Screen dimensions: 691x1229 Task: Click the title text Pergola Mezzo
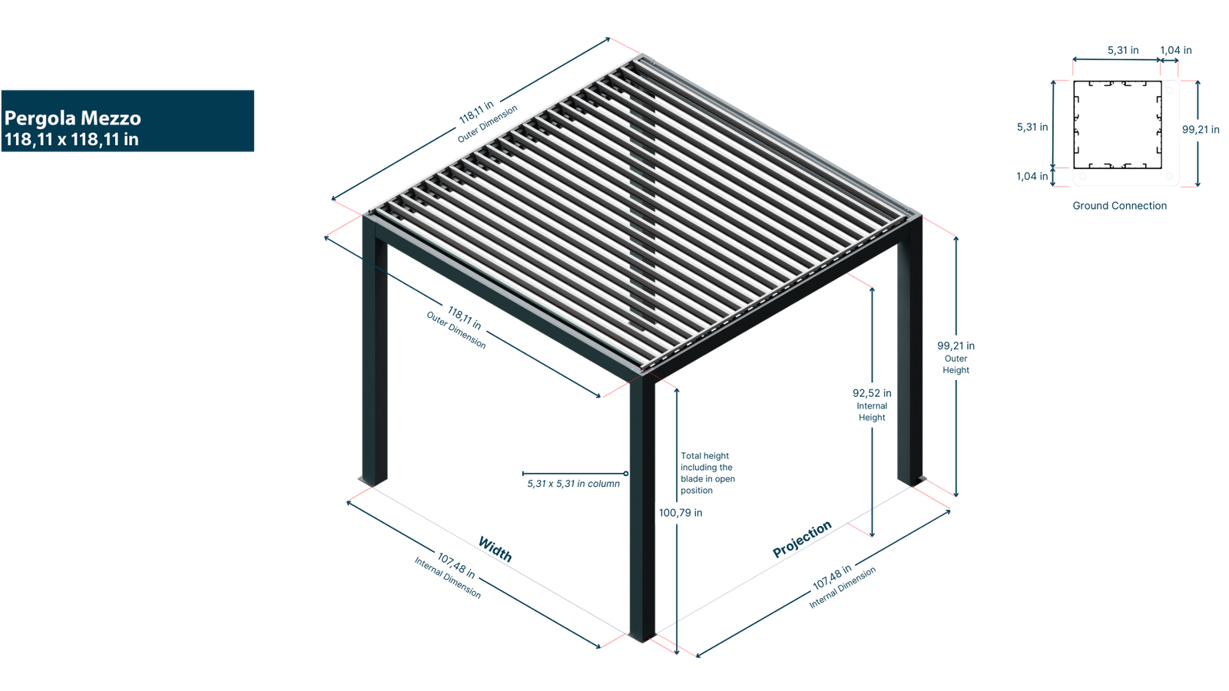(73, 118)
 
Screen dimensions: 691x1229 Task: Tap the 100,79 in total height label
(680, 513)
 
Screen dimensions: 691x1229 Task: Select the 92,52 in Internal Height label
(872, 404)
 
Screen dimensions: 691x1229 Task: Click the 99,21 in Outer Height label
(956, 357)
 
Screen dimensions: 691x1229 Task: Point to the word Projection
(802, 540)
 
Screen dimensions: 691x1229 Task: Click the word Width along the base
(495, 548)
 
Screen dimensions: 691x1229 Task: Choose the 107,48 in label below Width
(456, 567)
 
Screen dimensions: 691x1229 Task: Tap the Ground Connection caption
(1120, 206)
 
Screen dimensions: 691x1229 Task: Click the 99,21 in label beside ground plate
(1200, 130)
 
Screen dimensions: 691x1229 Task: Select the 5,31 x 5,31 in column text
(573, 484)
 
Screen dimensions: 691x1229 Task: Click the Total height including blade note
(707, 473)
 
